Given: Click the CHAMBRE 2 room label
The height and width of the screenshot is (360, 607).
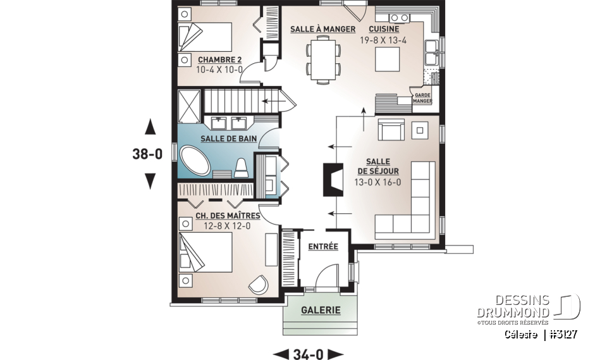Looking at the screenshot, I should click(x=219, y=60).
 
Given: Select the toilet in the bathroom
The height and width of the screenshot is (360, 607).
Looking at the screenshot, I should click(x=240, y=168).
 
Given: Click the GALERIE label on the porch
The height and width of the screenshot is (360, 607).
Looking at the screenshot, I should click(x=321, y=310).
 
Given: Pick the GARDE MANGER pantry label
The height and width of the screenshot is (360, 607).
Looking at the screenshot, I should click(x=422, y=98).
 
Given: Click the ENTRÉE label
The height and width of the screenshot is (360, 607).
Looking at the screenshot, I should click(x=322, y=246).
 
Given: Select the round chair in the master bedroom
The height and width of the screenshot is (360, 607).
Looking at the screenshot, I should click(x=259, y=285).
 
